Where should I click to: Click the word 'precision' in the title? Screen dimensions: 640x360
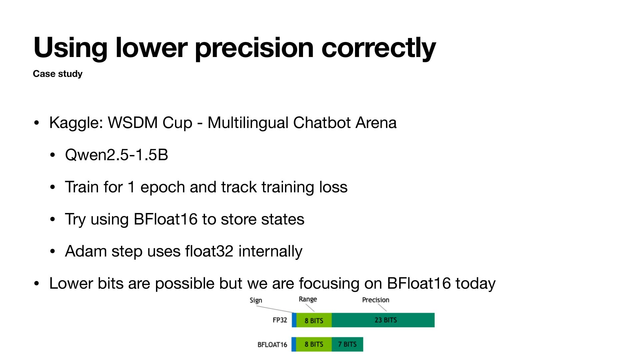pyautogui.click(x=254, y=48)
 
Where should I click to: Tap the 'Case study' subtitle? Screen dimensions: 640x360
pyautogui.click(x=58, y=74)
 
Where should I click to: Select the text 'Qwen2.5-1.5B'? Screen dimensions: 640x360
pyautogui.click(x=117, y=155)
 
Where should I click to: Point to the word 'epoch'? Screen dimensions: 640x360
pyautogui.click(x=163, y=187)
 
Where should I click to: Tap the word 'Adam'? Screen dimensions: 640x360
pyautogui.click(x=86, y=251)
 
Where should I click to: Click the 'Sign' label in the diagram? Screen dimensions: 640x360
pyautogui.click(x=256, y=300)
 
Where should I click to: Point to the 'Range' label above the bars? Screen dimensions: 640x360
pyautogui.click(x=308, y=299)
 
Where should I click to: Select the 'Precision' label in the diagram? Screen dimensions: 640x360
pyautogui.click(x=376, y=300)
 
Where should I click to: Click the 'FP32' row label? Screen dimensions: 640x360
pyautogui.click(x=280, y=320)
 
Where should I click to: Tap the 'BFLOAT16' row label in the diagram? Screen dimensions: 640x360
pyautogui.click(x=272, y=345)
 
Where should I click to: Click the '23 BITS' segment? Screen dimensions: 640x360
pyautogui.click(x=383, y=320)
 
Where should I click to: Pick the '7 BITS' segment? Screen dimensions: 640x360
pyautogui.click(x=347, y=344)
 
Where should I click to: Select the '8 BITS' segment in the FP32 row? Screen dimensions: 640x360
pyautogui.click(x=314, y=320)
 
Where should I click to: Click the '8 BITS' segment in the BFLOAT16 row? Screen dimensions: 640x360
pyautogui.click(x=314, y=344)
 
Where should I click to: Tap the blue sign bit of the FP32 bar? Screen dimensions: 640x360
pyautogui.click(x=294, y=320)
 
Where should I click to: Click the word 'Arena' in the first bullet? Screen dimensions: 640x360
pyautogui.click(x=376, y=123)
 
